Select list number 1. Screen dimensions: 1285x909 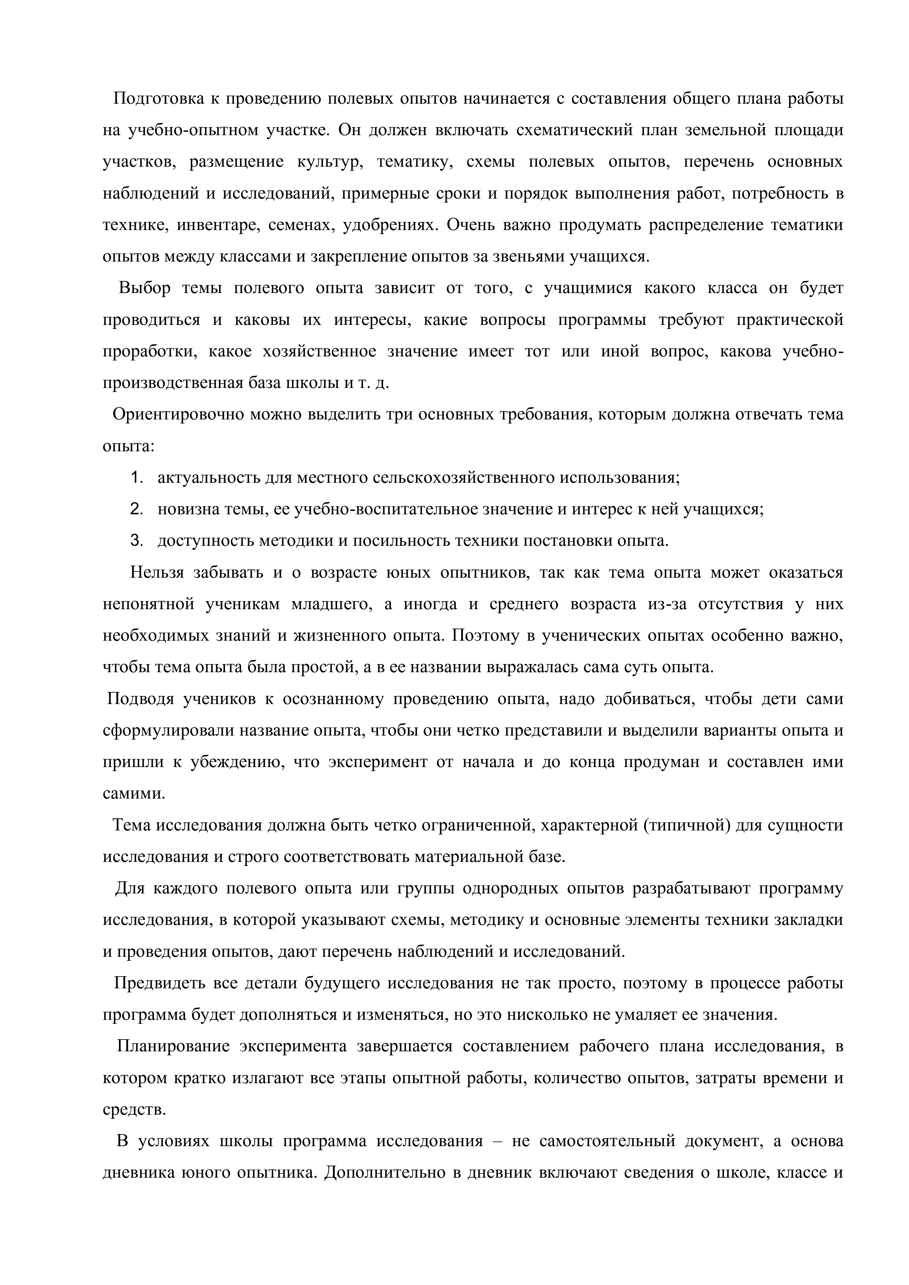[136, 478]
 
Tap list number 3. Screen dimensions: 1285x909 [136, 541]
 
